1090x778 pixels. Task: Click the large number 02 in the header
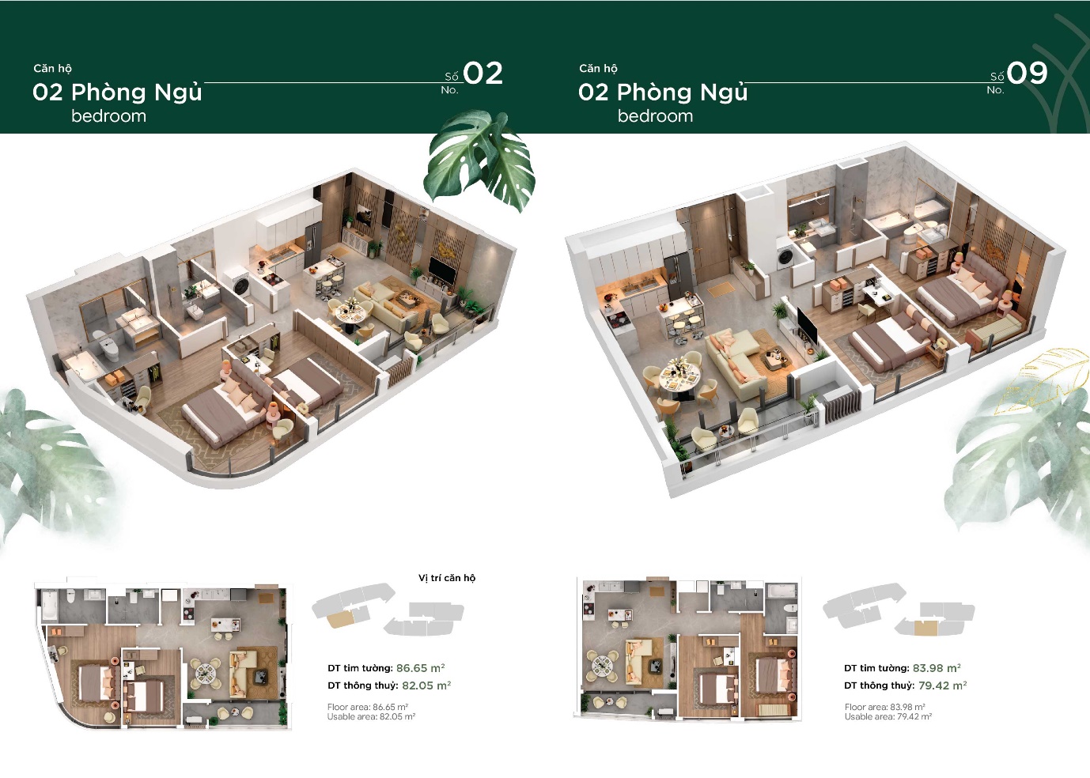tap(483, 74)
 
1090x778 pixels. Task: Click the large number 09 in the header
tap(1027, 74)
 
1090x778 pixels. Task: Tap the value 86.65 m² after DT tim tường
tap(420, 668)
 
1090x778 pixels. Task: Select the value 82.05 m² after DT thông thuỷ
tap(426, 685)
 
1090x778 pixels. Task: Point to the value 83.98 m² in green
tap(937, 668)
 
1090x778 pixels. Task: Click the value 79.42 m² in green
tap(942, 685)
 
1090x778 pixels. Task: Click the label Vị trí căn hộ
tap(447, 578)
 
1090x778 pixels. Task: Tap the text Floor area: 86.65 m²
tap(368, 707)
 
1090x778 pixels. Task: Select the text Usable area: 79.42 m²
tap(888, 717)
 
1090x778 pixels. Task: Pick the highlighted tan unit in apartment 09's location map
tap(925, 628)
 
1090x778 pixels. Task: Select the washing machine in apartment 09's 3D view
tap(785, 256)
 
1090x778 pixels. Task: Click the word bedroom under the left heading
tap(108, 116)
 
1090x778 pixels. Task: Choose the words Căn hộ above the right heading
tap(598, 69)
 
